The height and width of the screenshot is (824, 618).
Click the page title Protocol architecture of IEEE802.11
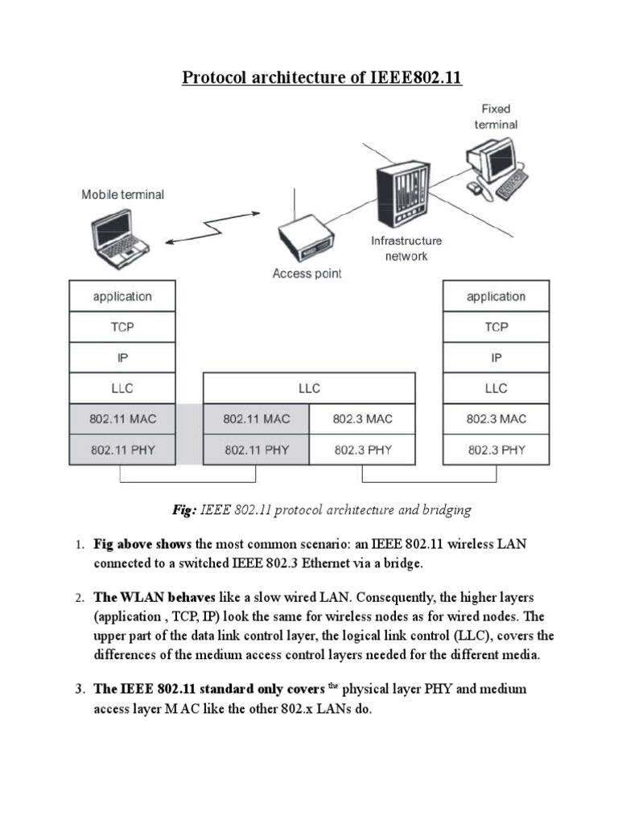click(323, 77)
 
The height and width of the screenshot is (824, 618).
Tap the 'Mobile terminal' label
click(122, 195)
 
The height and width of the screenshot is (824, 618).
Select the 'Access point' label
click(307, 274)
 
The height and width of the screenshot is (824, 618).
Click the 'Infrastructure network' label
click(406, 248)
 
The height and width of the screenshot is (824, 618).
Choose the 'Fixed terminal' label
click(496, 117)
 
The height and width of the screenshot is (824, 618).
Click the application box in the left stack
click(122, 296)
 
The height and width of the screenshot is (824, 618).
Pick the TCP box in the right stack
click(496, 327)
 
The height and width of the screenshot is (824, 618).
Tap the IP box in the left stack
click(122, 357)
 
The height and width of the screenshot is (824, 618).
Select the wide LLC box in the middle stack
click(309, 388)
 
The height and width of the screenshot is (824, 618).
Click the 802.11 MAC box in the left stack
click(122, 418)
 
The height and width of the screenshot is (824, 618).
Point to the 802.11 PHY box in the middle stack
click(256, 450)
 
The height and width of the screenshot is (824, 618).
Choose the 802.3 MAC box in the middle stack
click(363, 418)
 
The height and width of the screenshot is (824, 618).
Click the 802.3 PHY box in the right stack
click(496, 450)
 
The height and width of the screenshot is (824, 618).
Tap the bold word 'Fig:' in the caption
click(184, 509)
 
